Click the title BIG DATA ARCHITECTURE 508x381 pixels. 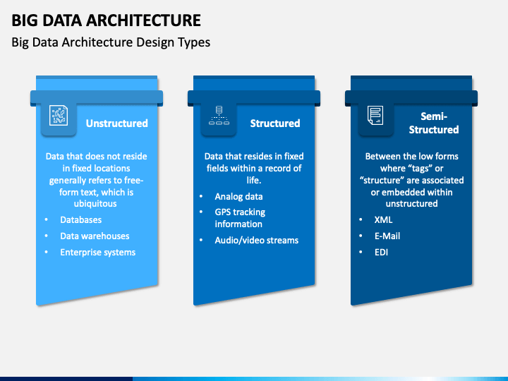pyautogui.click(x=107, y=20)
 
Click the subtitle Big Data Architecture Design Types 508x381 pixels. pyautogui.click(x=111, y=42)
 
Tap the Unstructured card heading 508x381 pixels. pyautogui.click(x=117, y=123)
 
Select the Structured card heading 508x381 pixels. pyautogui.click(x=275, y=123)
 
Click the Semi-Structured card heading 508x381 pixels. pyautogui.click(x=434, y=123)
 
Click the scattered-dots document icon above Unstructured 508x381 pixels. pyautogui.click(x=59, y=115)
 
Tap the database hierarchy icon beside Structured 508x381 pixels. pyautogui.click(x=219, y=115)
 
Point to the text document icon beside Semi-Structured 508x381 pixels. pyautogui.click(x=375, y=115)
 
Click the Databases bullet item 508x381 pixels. pyautogui.click(x=81, y=219)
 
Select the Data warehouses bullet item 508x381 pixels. pyautogui.click(x=95, y=236)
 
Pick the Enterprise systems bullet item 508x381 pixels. pyautogui.click(x=98, y=253)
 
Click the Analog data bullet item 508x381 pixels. pyautogui.click(x=238, y=196)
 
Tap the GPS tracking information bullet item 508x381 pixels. pyautogui.click(x=240, y=218)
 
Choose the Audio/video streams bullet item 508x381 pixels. pyautogui.click(x=257, y=240)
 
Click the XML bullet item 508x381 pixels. pyautogui.click(x=383, y=219)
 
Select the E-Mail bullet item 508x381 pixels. pyautogui.click(x=387, y=236)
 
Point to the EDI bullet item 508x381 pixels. pyautogui.click(x=381, y=252)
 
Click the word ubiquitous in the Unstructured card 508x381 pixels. pyautogui.click(x=95, y=204)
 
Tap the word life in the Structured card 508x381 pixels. pyautogui.click(x=253, y=180)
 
